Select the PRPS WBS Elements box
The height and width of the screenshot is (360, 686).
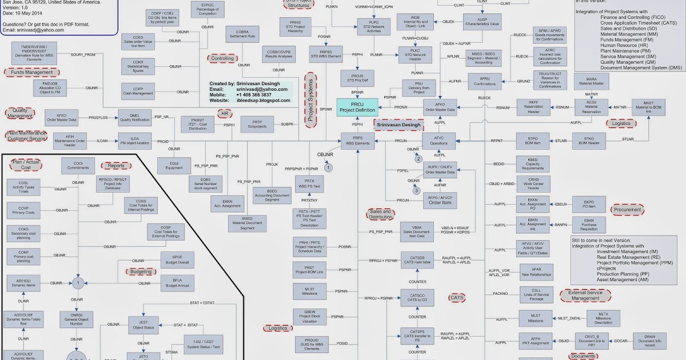(357, 141)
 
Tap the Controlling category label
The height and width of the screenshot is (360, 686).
(223, 58)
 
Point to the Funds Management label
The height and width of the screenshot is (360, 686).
(31, 73)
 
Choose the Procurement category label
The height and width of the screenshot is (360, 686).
(627, 210)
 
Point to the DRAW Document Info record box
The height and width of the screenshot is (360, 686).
(650, 341)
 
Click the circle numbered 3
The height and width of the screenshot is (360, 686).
(417, 190)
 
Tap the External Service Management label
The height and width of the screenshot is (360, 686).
(585, 295)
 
